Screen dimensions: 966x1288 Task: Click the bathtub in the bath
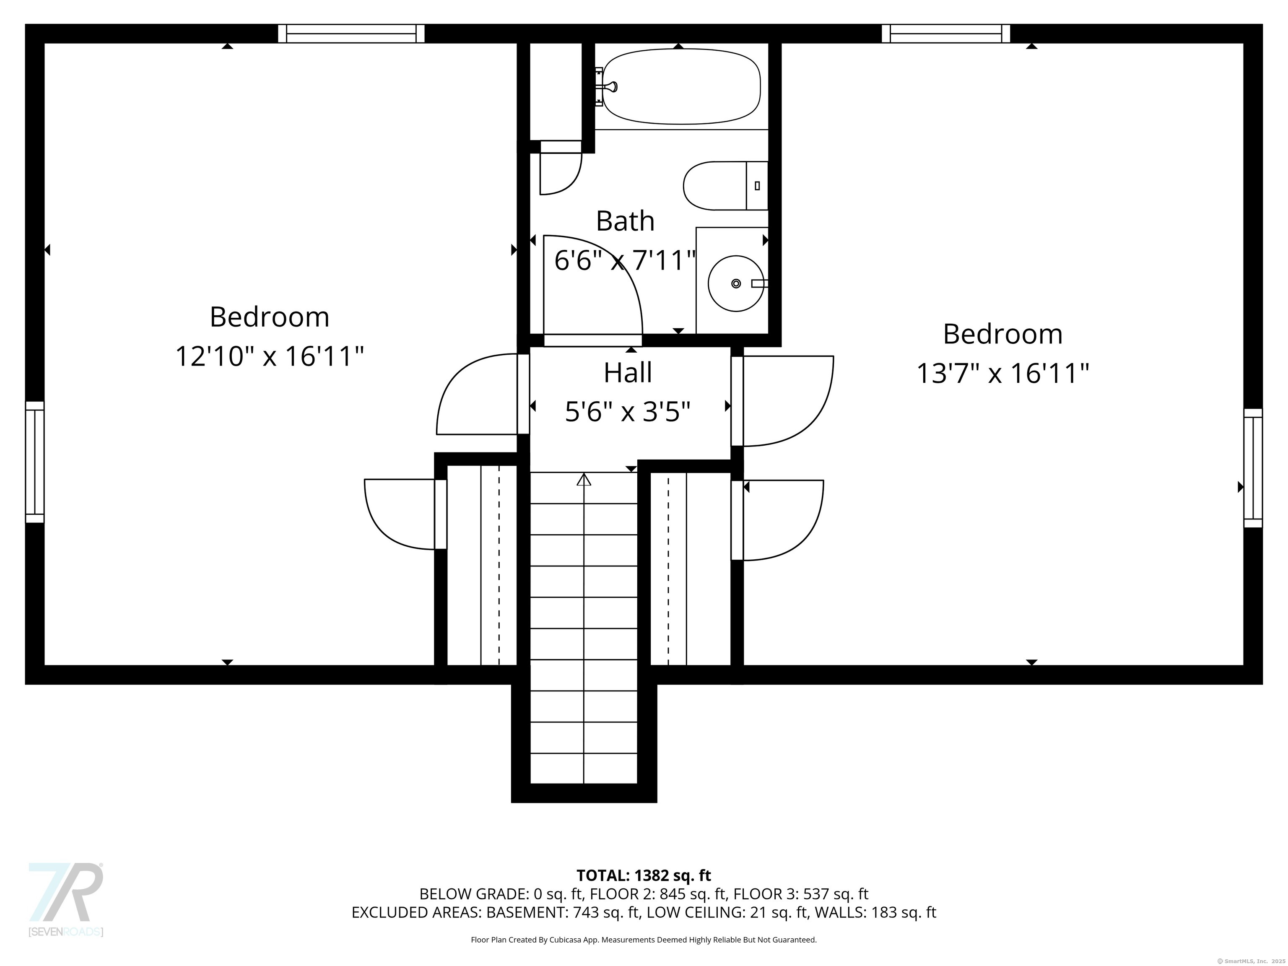point(681,86)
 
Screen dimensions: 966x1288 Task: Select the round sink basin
point(735,283)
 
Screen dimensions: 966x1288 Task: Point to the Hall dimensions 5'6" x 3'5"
point(628,412)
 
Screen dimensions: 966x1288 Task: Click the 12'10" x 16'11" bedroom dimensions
point(270,356)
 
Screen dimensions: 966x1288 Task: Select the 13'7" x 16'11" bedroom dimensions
point(1002,373)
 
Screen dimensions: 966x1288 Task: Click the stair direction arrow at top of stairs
point(584,480)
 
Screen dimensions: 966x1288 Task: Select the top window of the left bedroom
point(351,34)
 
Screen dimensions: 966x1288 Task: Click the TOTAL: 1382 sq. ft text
point(644,875)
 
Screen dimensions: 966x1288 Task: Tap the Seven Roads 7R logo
point(66,893)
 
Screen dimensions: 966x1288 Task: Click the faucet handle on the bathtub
point(610,87)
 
